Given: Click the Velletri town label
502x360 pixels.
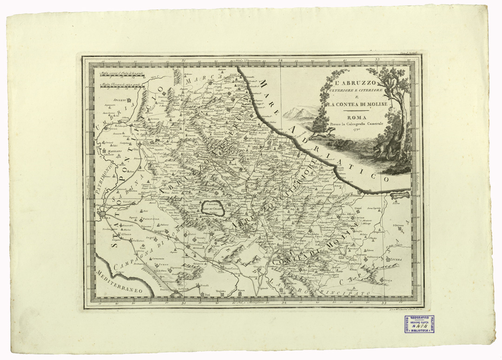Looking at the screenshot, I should coord(138,241).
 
